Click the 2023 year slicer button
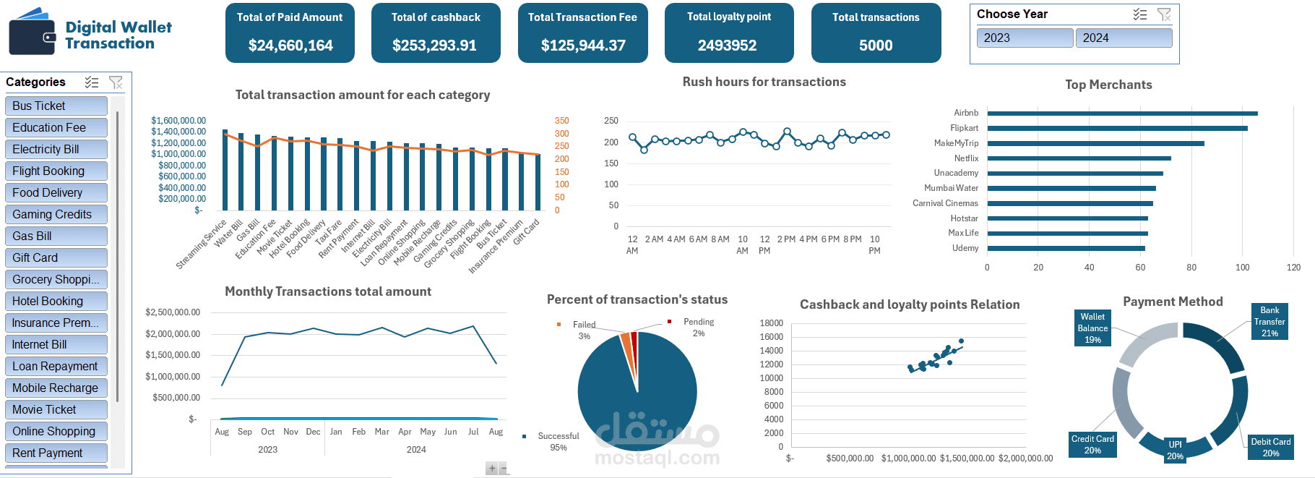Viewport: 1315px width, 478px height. [x=1025, y=38]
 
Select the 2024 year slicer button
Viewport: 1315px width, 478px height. [x=1124, y=38]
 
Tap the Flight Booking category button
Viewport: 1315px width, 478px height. [x=56, y=171]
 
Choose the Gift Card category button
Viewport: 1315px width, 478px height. [x=56, y=258]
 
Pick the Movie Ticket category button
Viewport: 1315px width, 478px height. [x=56, y=410]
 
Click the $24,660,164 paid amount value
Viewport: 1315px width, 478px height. [x=290, y=46]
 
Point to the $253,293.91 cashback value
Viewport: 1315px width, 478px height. [x=434, y=46]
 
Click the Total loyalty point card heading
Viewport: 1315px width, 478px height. [x=728, y=17]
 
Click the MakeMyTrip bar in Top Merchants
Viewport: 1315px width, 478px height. [x=1095, y=144]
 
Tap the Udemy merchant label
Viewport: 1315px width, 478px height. [x=965, y=248]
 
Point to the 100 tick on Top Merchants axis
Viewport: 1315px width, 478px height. [x=1242, y=268]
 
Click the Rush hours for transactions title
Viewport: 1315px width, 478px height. [x=764, y=82]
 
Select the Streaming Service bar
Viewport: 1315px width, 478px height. [x=225, y=171]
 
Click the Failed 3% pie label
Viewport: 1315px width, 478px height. [x=584, y=330]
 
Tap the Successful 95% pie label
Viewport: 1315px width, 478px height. [x=558, y=442]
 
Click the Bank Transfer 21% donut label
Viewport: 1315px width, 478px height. [x=1269, y=322]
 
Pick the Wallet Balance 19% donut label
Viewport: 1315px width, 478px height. [x=1092, y=328]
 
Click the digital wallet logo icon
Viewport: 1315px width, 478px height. [x=33, y=33]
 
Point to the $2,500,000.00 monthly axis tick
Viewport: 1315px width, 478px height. [x=173, y=312]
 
